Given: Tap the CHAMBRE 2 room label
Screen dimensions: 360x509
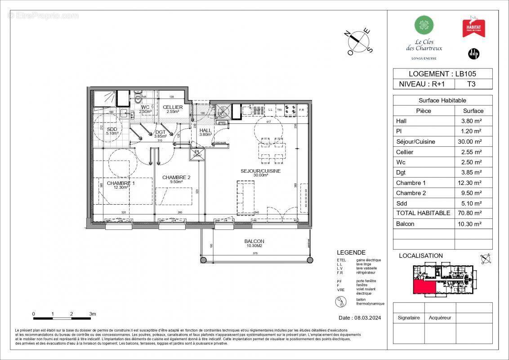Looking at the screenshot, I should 176,177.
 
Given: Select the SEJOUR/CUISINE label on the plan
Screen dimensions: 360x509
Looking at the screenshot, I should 261,171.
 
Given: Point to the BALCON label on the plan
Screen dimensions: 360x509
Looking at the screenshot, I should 254,241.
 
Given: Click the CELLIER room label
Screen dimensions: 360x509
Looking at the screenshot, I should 173,107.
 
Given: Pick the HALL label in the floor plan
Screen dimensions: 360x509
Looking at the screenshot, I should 205,130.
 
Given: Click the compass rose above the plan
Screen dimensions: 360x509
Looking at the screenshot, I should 359,41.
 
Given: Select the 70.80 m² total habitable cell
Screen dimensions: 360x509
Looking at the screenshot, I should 473,213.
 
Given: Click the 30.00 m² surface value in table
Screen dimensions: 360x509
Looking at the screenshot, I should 473,142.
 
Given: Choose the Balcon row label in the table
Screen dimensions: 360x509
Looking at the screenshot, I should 405,224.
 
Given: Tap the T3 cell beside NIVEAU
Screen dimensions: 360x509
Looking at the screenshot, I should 471,84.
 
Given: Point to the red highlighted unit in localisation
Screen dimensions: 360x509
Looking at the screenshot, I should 424,286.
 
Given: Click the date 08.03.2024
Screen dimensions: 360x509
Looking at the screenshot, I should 360,318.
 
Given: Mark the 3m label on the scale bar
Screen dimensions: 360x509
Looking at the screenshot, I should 92,314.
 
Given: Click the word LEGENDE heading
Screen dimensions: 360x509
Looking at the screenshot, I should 351,252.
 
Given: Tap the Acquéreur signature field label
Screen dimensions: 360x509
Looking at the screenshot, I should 440,318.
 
